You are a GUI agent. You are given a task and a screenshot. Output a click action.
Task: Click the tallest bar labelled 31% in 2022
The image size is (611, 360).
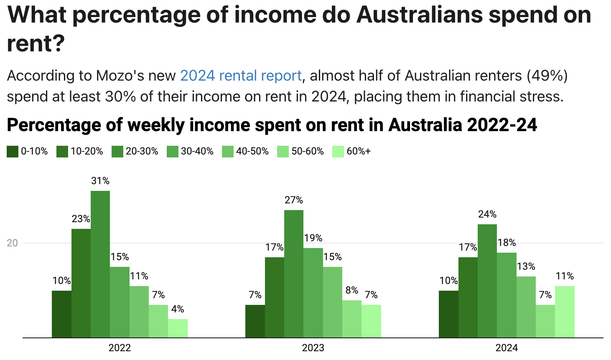100,264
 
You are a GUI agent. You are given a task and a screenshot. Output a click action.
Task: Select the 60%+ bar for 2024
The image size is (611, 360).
565,312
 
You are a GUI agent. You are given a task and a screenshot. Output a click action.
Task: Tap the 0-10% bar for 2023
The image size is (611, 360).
255,321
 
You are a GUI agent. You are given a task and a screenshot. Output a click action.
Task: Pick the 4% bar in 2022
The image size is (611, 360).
178,328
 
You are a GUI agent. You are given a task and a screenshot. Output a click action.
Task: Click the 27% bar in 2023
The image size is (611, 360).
294,274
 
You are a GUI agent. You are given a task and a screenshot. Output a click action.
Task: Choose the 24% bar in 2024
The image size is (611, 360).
487,281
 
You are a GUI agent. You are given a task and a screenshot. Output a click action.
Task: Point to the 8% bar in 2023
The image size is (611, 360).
352,319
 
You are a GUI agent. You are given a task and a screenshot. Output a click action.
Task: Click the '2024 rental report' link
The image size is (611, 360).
241,76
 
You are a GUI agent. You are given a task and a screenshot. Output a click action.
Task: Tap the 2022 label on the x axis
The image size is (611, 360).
120,348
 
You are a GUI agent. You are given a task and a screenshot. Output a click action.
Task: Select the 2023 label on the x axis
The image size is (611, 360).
313,348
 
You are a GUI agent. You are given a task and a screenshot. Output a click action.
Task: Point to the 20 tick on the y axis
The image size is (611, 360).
12,243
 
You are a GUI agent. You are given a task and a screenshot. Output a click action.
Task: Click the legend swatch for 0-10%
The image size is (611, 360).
13,152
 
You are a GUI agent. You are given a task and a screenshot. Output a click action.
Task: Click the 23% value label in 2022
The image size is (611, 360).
81,219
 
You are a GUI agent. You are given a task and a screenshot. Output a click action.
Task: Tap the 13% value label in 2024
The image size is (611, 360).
526,266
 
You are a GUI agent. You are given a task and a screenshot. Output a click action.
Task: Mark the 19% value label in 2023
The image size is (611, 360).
313,238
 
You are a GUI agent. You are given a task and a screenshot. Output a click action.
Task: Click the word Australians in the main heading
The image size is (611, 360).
420,15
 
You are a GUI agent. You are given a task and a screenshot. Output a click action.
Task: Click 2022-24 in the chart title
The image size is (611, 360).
502,125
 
